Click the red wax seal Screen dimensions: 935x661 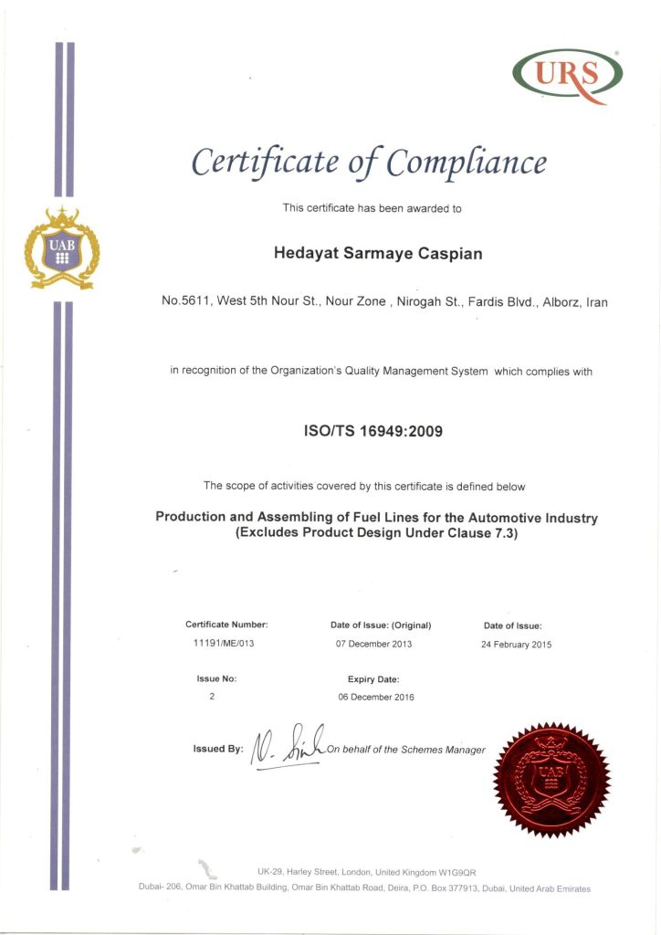[x=551, y=779]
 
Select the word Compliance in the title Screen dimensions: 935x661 [x=467, y=163]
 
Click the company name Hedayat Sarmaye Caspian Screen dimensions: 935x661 [x=378, y=253]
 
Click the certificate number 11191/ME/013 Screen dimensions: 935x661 [x=226, y=644]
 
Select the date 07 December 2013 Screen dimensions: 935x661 [x=374, y=644]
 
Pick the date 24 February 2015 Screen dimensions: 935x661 [x=516, y=645]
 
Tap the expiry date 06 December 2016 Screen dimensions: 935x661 [x=376, y=698]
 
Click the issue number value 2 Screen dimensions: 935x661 [x=213, y=698]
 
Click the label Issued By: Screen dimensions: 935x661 [x=218, y=750]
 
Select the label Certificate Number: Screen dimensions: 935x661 [x=226, y=625]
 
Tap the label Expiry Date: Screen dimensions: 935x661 [x=373, y=679]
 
